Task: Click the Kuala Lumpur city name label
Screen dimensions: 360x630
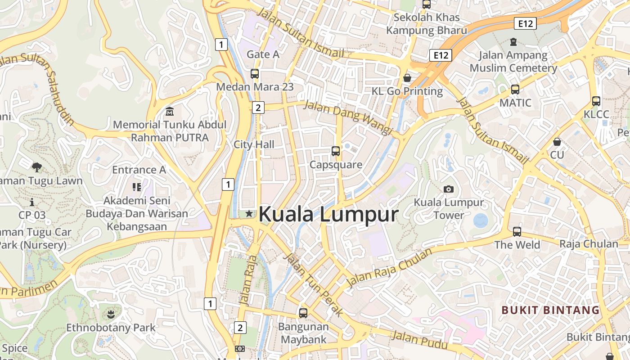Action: coord(328,214)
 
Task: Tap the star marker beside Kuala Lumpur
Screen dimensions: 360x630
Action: coord(249,214)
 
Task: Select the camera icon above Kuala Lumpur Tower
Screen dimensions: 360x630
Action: coord(448,189)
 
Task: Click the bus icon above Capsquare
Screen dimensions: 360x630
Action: coord(336,151)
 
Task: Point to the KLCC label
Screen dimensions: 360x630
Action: coord(596,114)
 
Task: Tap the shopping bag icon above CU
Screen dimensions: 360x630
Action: coord(557,142)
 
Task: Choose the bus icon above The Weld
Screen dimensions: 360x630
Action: coord(517,232)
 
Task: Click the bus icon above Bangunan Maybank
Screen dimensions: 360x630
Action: coord(303,313)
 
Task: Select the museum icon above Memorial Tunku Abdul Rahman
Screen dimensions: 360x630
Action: coord(170,111)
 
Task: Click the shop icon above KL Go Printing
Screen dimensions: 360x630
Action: coord(407,78)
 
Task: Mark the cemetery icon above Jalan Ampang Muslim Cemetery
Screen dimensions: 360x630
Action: coord(513,42)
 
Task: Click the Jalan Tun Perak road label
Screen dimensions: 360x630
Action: coord(313,284)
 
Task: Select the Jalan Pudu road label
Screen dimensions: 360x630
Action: coord(419,340)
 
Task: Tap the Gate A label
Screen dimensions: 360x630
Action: coord(263,54)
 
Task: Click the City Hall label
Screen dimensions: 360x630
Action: coord(254,144)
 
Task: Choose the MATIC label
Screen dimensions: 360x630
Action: coord(515,103)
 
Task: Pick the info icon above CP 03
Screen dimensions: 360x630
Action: coord(32,202)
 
